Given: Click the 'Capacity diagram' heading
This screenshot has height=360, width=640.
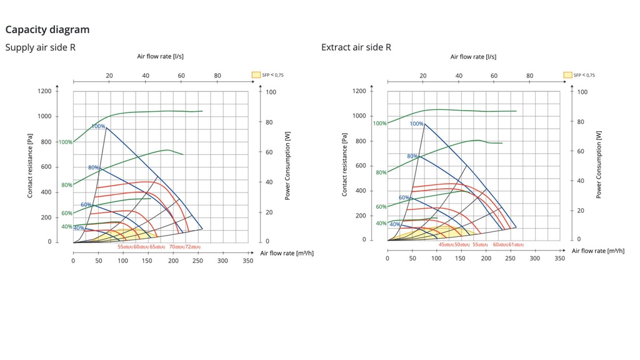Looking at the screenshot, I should point(47,29).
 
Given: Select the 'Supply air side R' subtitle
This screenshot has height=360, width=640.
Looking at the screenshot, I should point(41,47).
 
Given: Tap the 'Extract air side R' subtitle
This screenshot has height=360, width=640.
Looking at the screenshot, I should point(356,47).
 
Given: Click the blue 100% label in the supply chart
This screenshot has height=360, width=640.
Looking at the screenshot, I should point(98,126).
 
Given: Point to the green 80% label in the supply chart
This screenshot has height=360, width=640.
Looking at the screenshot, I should point(66,185).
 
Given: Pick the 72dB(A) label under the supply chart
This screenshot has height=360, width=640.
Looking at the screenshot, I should point(192,247).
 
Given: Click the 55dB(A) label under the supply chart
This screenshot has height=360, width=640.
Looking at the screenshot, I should point(125,247).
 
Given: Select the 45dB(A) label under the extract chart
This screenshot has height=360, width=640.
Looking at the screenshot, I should point(446,245).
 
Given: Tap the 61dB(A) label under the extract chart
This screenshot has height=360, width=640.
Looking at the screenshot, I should point(516,245).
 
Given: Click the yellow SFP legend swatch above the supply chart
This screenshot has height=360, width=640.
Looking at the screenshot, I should point(256,75).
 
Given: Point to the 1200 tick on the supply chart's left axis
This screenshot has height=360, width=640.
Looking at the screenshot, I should point(44,91).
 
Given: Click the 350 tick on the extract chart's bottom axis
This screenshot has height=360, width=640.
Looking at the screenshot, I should point(559,258).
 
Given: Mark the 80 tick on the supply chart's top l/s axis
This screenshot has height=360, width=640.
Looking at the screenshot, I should point(217,76).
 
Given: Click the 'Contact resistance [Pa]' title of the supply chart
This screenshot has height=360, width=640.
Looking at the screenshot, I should point(30,166).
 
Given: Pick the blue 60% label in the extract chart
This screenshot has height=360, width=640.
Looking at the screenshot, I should point(404,197).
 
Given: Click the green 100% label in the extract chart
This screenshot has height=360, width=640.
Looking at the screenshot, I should point(379,123).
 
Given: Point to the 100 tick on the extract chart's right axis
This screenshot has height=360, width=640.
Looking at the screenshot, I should point(582,92).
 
